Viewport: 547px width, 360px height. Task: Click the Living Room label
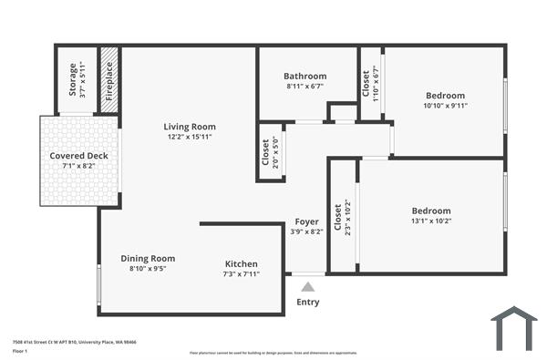point(190,127)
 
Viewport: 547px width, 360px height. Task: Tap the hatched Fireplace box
point(108,79)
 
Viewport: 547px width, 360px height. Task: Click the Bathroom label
point(304,76)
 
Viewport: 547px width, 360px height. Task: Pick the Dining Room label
point(148,259)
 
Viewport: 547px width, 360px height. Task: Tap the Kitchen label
point(241,263)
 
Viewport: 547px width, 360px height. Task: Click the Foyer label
point(306,221)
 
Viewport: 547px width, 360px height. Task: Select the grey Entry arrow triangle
point(307,286)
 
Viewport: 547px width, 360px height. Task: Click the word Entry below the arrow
point(308,303)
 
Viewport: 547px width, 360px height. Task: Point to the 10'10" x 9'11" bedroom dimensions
point(445,106)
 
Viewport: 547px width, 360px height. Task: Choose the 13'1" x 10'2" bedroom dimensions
point(431,221)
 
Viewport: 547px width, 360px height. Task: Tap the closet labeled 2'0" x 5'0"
point(271,152)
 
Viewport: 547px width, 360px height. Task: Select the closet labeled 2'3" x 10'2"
point(343,218)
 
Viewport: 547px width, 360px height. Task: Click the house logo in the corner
point(513,328)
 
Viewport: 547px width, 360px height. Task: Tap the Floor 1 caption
point(20,351)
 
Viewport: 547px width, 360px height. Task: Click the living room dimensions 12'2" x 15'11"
point(190,138)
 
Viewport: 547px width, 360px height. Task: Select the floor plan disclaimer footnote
point(273,352)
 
